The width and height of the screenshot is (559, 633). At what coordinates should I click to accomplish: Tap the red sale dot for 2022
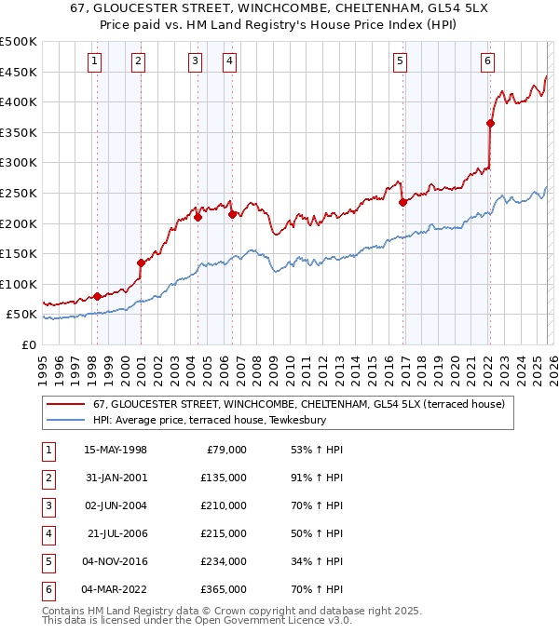490,123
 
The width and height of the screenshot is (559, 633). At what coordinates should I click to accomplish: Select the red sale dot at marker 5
402,202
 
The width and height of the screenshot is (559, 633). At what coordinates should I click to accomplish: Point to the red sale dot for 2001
141,263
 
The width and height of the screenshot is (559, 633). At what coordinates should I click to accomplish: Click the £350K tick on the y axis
19,133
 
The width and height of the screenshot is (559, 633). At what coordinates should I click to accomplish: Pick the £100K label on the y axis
19,284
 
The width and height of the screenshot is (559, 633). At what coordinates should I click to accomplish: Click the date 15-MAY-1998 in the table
116,450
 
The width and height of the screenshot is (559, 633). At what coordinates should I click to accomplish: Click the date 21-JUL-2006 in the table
116,533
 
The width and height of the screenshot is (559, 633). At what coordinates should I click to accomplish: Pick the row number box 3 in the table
47,505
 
